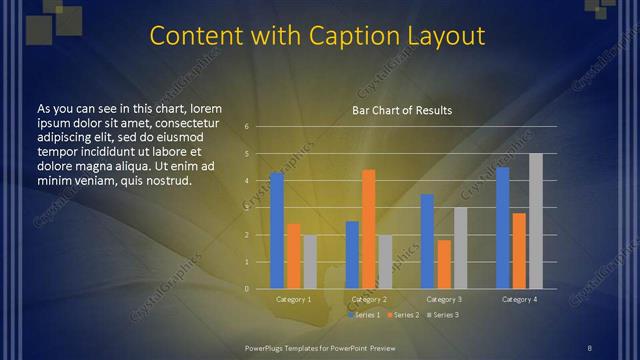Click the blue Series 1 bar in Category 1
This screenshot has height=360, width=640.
tap(277, 231)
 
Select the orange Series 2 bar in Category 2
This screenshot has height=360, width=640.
tap(368, 229)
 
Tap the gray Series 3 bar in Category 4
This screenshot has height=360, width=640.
tap(535, 221)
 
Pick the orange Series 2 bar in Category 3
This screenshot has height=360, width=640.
tap(444, 264)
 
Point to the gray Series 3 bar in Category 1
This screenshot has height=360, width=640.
tap(310, 262)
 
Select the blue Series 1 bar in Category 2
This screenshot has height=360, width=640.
tap(352, 255)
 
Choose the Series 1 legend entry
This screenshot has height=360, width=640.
tap(365, 315)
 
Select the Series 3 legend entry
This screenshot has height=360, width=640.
tap(442, 315)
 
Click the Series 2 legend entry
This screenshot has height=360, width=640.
tap(404, 315)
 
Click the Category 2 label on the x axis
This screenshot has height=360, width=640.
tap(369, 299)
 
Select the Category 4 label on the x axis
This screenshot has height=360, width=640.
tap(519, 299)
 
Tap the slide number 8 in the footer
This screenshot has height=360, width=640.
tap(589, 347)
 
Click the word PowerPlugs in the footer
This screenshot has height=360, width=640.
tap(267, 347)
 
